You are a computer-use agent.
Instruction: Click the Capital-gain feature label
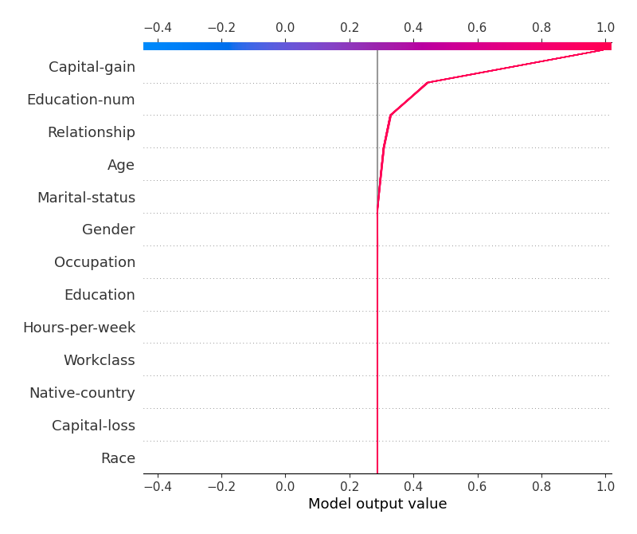point(92,67)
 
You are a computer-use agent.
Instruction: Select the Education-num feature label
point(80,100)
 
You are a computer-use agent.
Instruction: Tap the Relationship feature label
point(91,132)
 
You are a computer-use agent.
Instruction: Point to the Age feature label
point(121,165)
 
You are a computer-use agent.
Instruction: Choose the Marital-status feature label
point(86,198)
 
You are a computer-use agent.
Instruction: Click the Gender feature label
point(108,230)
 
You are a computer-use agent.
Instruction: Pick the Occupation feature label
point(95,262)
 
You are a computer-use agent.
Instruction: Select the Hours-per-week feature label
point(79,328)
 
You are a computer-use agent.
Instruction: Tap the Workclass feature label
point(99,360)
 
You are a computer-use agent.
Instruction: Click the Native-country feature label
point(82,393)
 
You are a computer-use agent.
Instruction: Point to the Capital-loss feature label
point(93,426)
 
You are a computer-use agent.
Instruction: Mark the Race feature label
point(118,458)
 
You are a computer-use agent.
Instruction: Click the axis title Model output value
point(377,504)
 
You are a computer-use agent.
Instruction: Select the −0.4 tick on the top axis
point(157,28)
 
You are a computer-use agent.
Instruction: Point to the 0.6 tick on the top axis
point(477,28)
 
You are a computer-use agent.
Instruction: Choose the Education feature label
point(100,295)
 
